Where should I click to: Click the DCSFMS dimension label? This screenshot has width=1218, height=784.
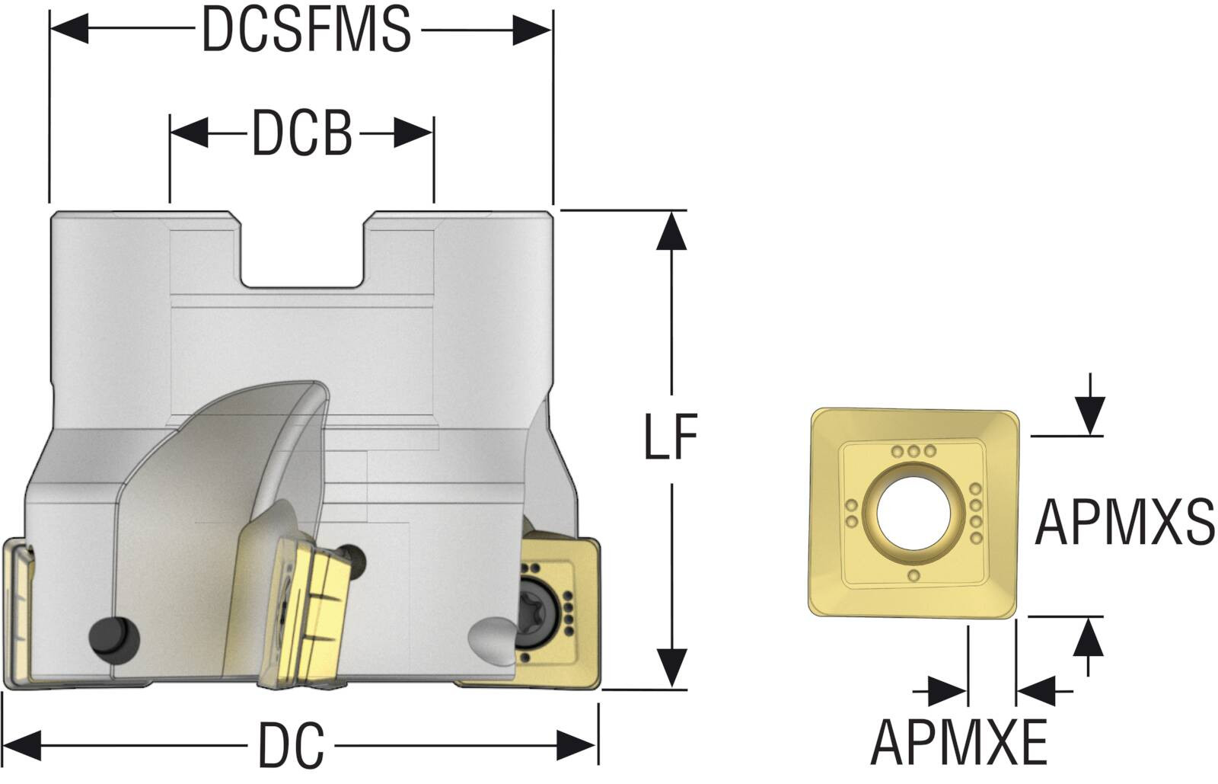pyautogui.click(x=306, y=30)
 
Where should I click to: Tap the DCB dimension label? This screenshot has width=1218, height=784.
pyautogui.click(x=302, y=133)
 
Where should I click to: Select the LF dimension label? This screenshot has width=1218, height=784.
pyautogui.click(x=671, y=437)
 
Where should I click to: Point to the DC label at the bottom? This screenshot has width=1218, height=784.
pyautogui.click(x=291, y=745)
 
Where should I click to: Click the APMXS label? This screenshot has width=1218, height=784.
pyautogui.click(x=1124, y=522)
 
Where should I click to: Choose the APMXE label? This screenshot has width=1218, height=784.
pyautogui.click(x=959, y=742)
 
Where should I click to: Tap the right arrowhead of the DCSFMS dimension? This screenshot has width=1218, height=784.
pyautogui.click(x=533, y=30)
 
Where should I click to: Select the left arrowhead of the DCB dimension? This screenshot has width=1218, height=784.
pyautogui.click(x=190, y=133)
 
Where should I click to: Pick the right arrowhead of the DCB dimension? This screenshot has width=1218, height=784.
pyautogui.click(x=414, y=133)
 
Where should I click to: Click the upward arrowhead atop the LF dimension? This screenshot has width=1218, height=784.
pyautogui.click(x=671, y=231)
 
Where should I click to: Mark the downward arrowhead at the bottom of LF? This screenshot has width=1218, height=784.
pyautogui.click(x=671, y=667)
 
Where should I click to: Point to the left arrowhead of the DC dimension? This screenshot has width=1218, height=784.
pyautogui.click(x=22, y=746)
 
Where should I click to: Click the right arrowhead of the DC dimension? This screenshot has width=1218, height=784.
pyautogui.click(x=577, y=746)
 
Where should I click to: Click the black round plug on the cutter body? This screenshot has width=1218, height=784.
pyautogui.click(x=113, y=640)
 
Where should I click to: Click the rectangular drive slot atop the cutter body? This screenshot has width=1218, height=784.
pyautogui.click(x=302, y=249)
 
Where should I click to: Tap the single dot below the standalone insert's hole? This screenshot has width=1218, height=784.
pyautogui.click(x=914, y=576)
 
